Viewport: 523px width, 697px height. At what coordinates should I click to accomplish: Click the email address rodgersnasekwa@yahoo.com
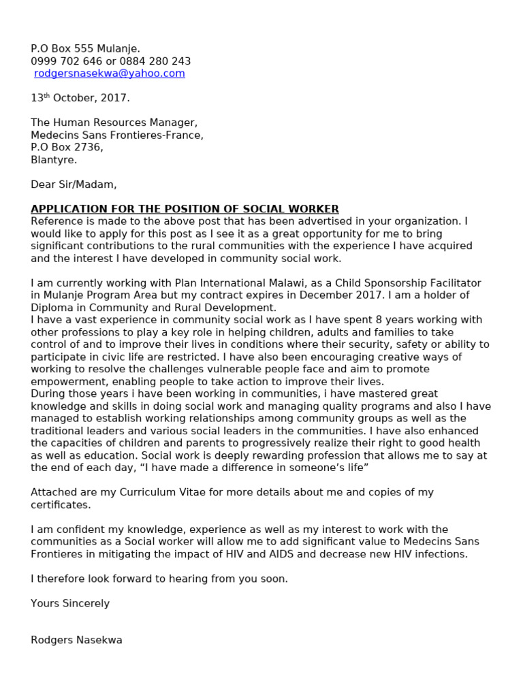[110, 74]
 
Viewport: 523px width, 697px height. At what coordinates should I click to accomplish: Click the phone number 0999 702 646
[61, 61]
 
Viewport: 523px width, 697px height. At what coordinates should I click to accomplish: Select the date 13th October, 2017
[80, 98]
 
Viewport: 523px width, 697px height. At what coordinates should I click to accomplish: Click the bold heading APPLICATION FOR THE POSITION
[185, 209]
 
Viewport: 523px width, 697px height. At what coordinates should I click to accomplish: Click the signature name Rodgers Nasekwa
[76, 640]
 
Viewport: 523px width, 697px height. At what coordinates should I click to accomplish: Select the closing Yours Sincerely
[70, 603]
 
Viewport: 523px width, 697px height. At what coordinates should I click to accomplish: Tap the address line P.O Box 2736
[67, 147]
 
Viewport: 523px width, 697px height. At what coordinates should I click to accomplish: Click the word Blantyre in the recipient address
[54, 160]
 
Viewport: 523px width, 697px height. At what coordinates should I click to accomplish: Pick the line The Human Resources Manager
[114, 123]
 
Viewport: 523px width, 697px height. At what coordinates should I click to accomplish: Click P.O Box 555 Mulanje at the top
[85, 49]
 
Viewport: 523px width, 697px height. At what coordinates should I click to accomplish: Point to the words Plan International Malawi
[215, 283]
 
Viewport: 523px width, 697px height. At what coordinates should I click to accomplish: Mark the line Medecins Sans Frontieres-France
[116, 135]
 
